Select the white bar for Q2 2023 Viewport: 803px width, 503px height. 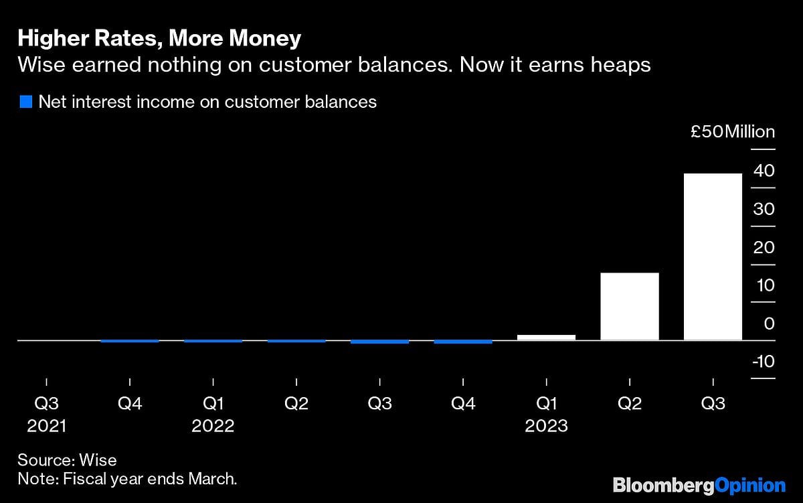pos(630,306)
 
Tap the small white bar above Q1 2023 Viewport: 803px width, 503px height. pos(546,337)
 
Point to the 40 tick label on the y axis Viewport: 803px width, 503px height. pos(764,171)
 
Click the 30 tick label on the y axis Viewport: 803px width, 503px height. pos(764,209)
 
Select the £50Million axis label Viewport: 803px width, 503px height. pos(733,132)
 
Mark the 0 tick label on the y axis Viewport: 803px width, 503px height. pos(769,324)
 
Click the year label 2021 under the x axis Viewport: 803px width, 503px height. pos(46,426)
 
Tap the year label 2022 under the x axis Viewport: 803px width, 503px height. pos(213,426)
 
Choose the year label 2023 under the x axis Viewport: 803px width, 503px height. pos(546,426)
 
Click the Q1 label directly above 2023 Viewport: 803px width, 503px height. pos(546,405)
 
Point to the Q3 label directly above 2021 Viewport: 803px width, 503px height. pos(46,405)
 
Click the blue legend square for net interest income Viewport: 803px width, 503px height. pos(26,102)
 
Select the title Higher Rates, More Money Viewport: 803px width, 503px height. pos(159,39)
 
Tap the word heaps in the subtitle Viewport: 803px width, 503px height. pos(622,66)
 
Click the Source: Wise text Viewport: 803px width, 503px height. pos(67,460)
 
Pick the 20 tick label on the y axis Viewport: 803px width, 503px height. pos(764,247)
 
